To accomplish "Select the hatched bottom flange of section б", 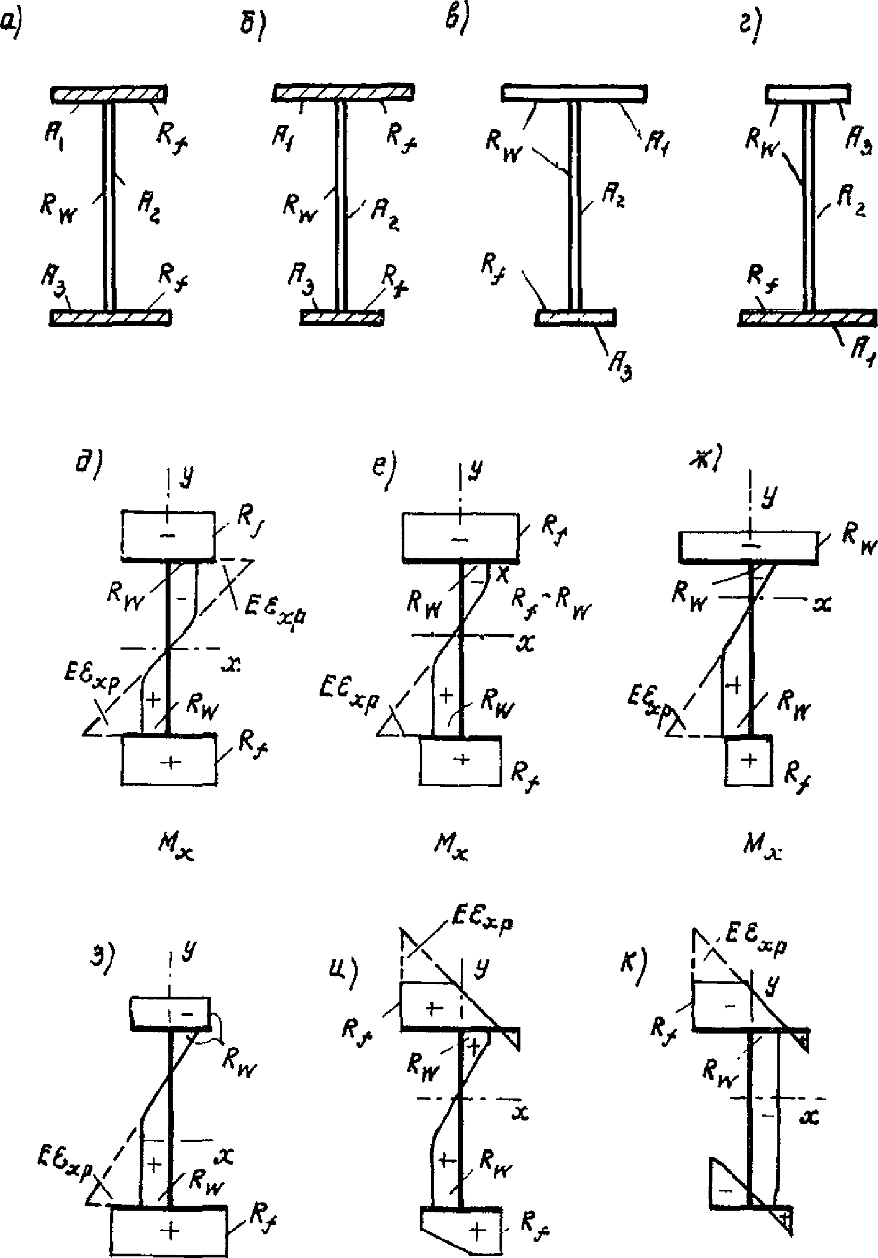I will (x=342, y=318).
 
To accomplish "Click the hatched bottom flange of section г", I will (x=808, y=317).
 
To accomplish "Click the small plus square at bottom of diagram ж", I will (x=749, y=761).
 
